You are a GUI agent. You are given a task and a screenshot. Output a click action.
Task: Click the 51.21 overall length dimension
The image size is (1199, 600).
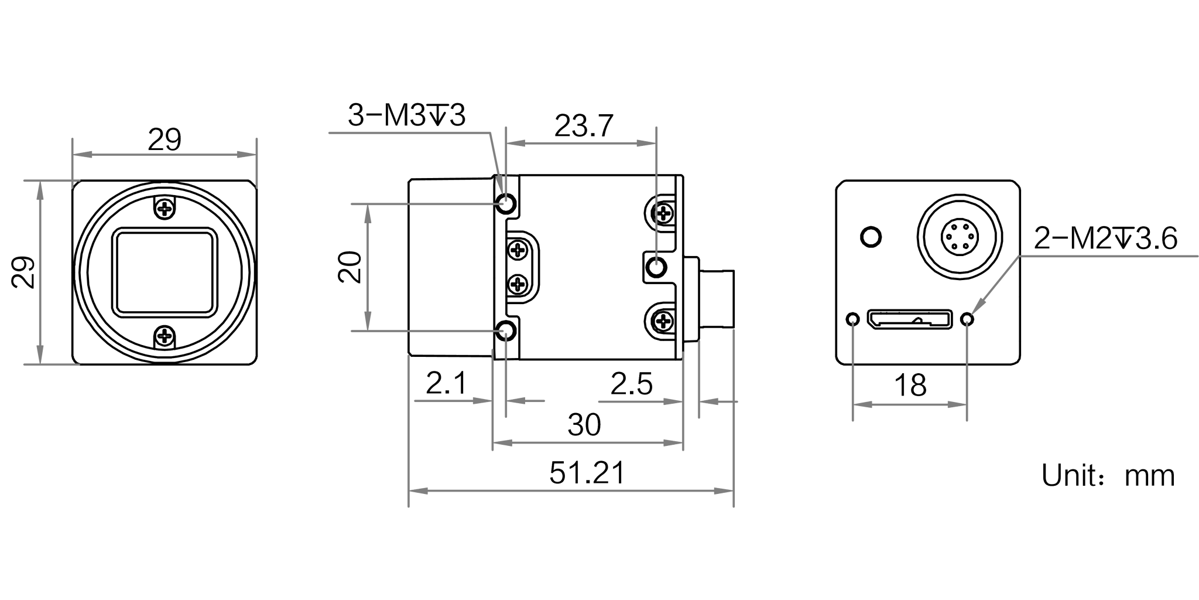click(x=587, y=473)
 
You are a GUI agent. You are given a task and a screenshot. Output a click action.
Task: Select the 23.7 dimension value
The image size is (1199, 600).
click(x=584, y=126)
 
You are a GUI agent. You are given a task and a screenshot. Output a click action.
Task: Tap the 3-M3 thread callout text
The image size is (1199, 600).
click(x=407, y=115)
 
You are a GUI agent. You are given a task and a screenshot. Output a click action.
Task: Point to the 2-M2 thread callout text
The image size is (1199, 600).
click(x=1105, y=239)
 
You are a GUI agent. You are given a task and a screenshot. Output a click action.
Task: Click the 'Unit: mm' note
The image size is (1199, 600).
click(x=1108, y=476)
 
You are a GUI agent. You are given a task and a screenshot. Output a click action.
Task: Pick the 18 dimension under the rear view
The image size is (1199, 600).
click(x=910, y=386)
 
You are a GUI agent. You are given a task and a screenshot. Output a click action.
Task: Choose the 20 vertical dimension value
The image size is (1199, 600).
click(x=350, y=267)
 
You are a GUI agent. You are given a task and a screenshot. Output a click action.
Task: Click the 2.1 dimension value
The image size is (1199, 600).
click(x=447, y=384)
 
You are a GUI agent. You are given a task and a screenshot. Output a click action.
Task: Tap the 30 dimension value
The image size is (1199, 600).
click(x=584, y=425)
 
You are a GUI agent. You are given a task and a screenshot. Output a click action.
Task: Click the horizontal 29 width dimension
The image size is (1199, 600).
click(x=165, y=140)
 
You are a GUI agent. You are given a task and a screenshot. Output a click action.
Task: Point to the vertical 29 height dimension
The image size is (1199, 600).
click(x=24, y=272)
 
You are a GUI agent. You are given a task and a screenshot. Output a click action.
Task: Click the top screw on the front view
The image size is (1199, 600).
click(x=165, y=208)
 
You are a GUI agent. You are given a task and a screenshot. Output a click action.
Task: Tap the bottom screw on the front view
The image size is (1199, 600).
click(x=165, y=336)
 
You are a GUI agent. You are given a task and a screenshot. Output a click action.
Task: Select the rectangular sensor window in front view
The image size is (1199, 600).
click(x=165, y=272)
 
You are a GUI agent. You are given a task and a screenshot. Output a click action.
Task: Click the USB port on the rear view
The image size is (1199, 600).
click(x=910, y=319)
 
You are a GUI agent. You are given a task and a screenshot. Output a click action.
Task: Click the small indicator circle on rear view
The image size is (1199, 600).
click(x=871, y=237)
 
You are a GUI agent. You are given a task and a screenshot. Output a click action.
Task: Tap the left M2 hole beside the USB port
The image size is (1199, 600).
click(x=853, y=319)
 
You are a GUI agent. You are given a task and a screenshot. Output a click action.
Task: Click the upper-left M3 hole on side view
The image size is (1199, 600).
click(x=506, y=204)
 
